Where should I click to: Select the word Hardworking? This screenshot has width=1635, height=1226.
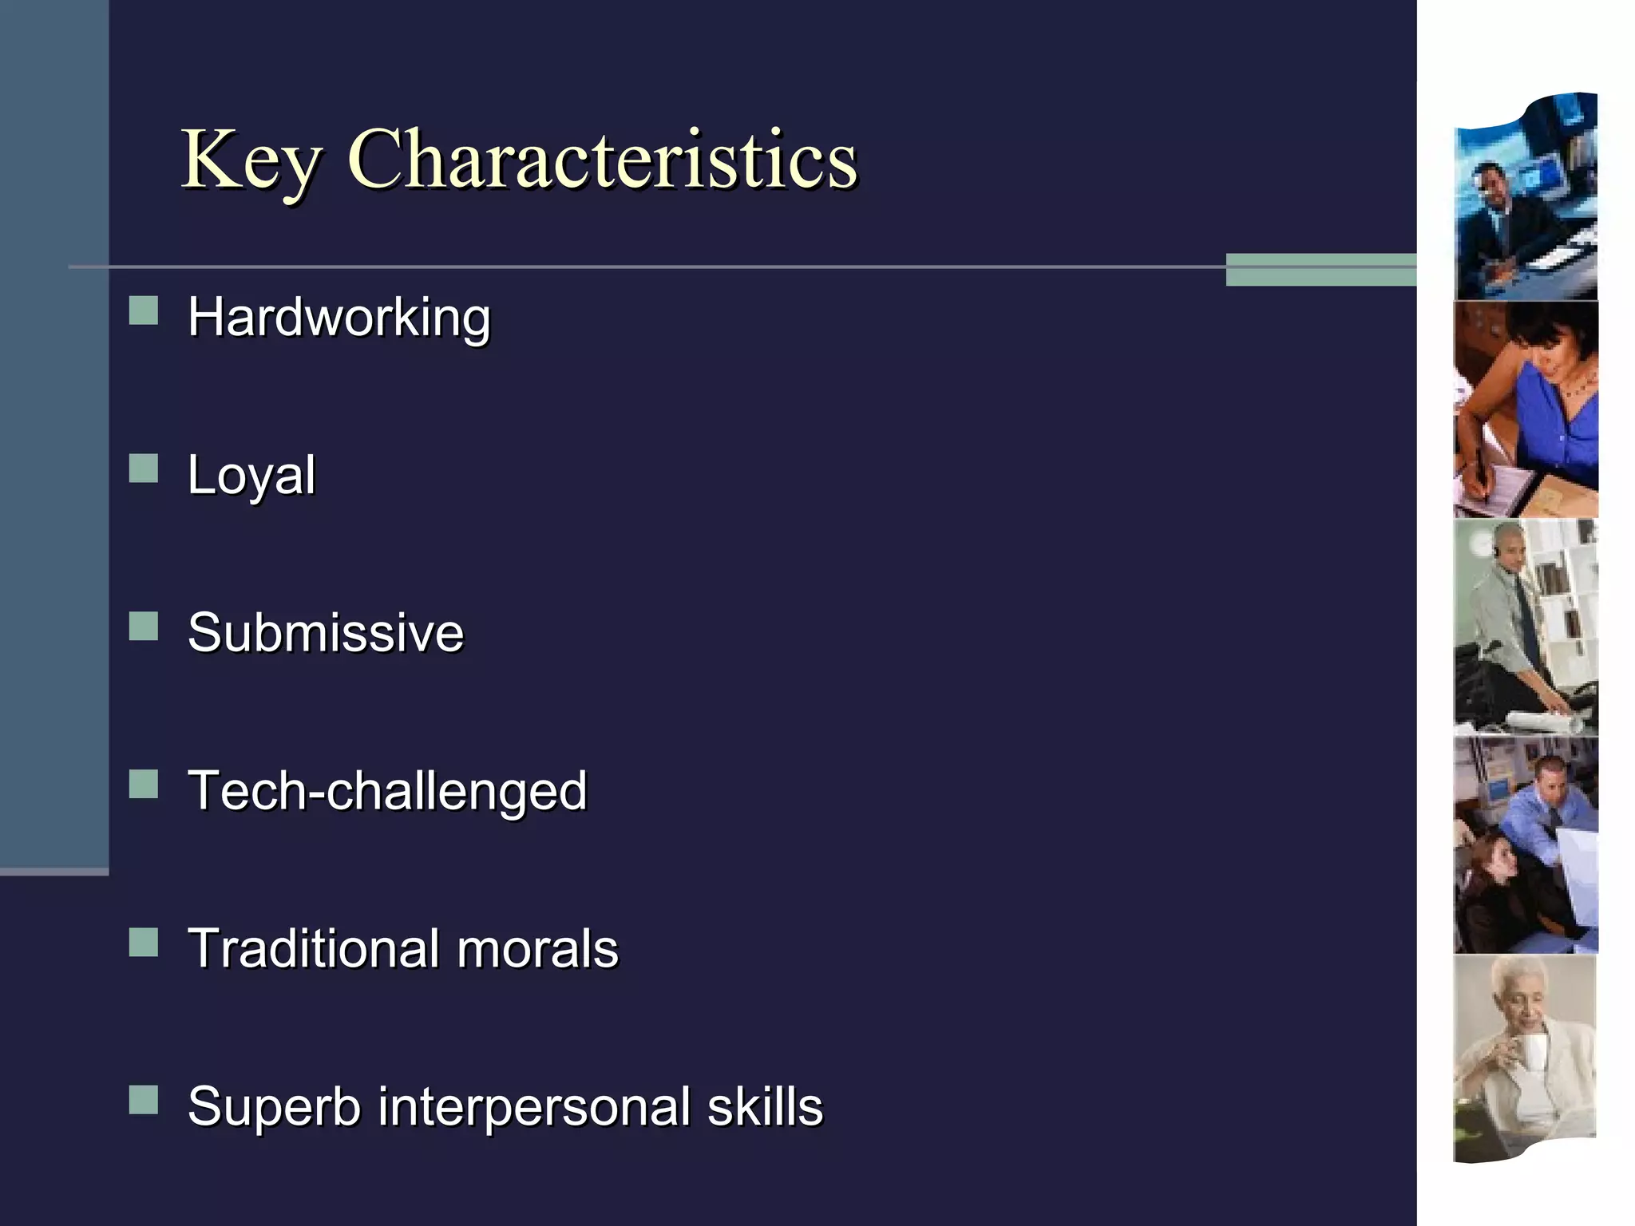click(338, 318)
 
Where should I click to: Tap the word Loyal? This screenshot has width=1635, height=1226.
click(251, 476)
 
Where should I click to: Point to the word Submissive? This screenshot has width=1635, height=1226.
click(326, 633)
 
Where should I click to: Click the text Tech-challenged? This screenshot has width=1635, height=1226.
click(387, 791)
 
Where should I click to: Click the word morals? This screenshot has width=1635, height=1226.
click(537, 948)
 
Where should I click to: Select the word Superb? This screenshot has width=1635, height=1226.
click(274, 1107)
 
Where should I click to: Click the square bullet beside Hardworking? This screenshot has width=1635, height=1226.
click(144, 310)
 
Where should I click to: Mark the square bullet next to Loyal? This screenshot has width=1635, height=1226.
click(144, 469)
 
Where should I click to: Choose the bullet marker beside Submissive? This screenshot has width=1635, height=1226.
click(144, 627)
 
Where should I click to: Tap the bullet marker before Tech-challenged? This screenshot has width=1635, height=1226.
click(144, 784)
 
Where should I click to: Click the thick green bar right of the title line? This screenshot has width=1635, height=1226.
click(1320, 270)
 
